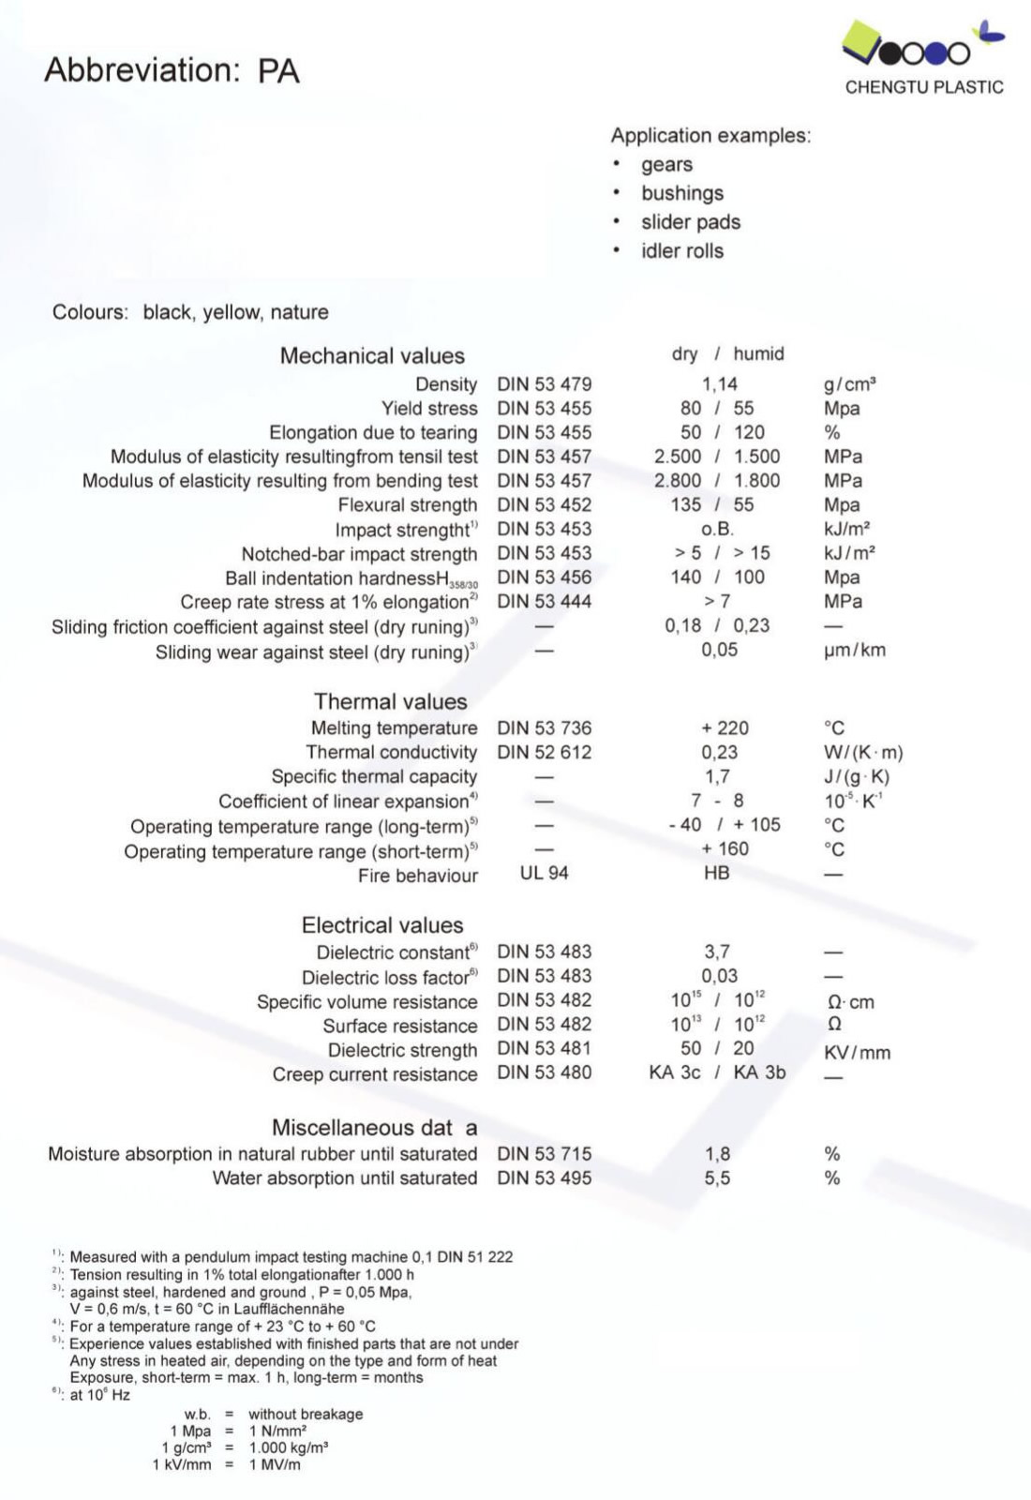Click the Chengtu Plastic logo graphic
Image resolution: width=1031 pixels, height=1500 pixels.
click(922, 45)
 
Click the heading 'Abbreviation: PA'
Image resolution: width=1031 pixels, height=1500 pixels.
click(172, 70)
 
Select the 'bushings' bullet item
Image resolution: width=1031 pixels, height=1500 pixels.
click(681, 193)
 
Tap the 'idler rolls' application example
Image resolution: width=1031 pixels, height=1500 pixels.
click(681, 251)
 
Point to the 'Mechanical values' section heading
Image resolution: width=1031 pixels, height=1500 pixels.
click(372, 356)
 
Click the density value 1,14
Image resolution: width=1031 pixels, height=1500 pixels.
click(719, 384)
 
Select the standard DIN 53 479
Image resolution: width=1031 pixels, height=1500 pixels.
click(544, 384)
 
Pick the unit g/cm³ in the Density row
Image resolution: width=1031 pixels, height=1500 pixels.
click(849, 384)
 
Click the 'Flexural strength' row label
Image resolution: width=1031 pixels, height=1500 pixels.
click(408, 505)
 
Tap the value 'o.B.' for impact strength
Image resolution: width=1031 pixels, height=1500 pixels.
click(717, 530)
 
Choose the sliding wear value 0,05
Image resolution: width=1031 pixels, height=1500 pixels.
click(719, 650)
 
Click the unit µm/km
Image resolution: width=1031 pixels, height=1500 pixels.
click(854, 650)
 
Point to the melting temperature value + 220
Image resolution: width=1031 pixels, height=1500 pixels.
click(725, 728)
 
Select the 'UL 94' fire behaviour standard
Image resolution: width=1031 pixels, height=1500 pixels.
click(544, 874)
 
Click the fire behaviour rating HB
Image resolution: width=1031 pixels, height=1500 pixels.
click(716, 874)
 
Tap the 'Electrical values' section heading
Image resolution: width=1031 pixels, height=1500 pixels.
click(382, 926)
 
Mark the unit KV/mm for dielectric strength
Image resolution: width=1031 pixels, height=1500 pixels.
click(857, 1053)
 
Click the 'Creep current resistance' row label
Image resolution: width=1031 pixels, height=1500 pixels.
click(375, 1074)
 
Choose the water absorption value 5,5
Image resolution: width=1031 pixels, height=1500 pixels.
click(717, 1178)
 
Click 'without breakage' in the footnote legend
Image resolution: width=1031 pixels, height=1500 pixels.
click(306, 1415)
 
